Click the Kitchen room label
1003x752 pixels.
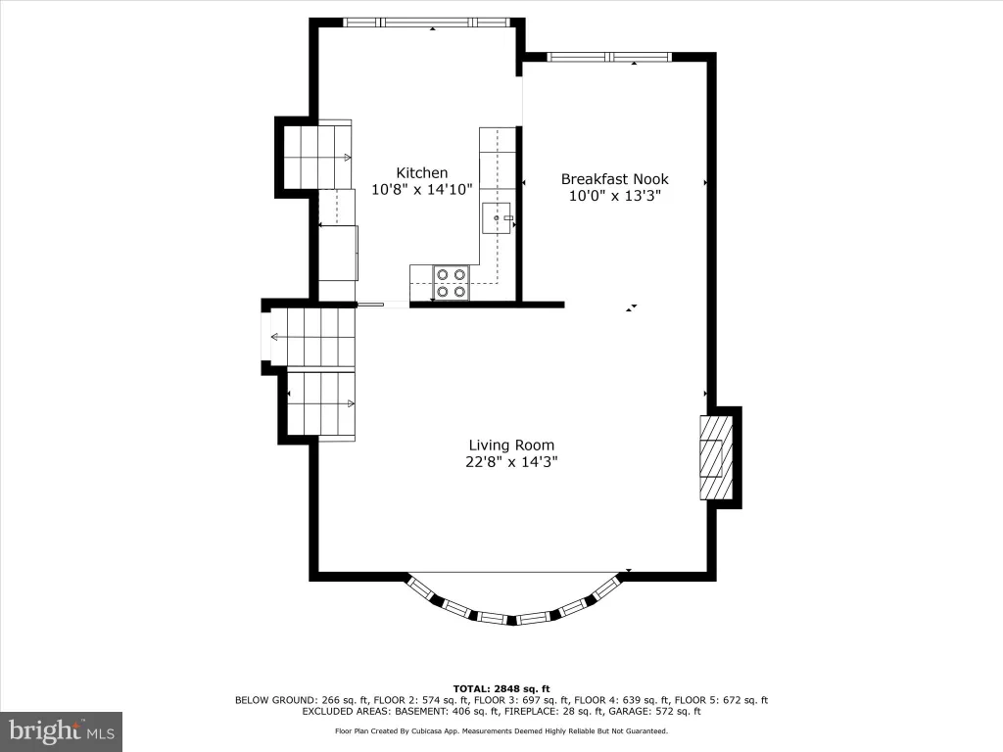click(x=421, y=172)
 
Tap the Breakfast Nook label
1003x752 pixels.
click(x=615, y=179)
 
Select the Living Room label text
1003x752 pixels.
click(x=511, y=446)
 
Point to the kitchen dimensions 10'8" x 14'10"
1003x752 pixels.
click(x=421, y=189)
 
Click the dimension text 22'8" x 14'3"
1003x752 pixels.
click(x=511, y=462)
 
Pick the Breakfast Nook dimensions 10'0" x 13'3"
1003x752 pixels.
click(x=615, y=196)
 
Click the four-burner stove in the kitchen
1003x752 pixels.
click(x=451, y=283)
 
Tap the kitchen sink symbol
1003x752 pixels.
click(x=497, y=218)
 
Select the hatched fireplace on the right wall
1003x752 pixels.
click(x=716, y=458)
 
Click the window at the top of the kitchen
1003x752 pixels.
click(x=427, y=23)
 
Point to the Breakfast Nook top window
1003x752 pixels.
click(x=609, y=58)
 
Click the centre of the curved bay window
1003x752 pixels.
click(x=512, y=619)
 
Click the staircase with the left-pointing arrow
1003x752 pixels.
click(x=312, y=337)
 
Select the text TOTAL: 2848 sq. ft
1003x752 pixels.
click(x=501, y=688)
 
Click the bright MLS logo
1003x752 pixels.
click(x=62, y=730)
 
